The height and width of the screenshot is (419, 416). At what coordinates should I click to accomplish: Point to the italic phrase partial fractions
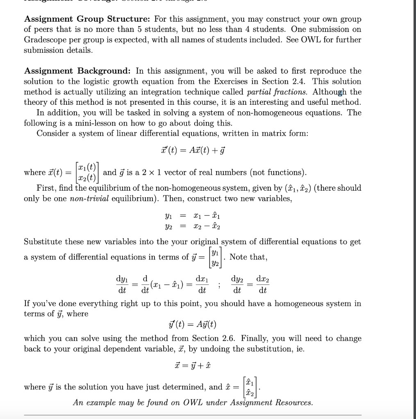pyautogui.click(x=270, y=92)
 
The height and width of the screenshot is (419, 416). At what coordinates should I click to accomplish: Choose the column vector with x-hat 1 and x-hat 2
pyautogui.click(x=250, y=387)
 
